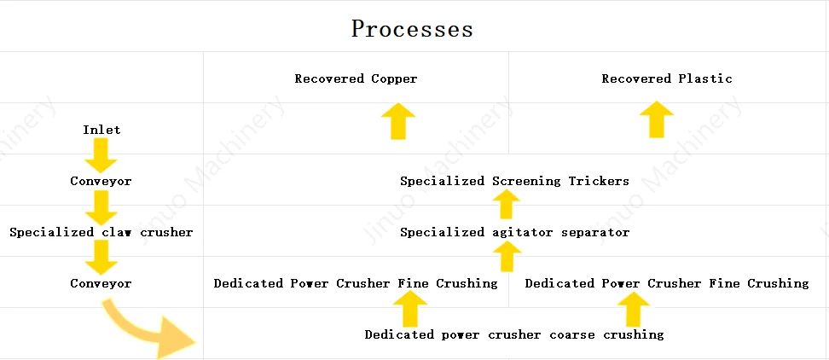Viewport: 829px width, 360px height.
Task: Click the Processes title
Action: tap(412, 28)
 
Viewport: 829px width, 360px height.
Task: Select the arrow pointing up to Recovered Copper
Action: tap(397, 121)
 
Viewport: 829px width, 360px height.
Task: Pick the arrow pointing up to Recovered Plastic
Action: tap(656, 119)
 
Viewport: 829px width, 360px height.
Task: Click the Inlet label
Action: tap(101, 130)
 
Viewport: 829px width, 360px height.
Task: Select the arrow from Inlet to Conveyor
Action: tap(101, 154)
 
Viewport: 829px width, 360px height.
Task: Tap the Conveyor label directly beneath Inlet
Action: tap(101, 181)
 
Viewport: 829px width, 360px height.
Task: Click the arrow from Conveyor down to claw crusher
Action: tap(101, 206)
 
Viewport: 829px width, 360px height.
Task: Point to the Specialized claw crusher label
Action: tap(101, 232)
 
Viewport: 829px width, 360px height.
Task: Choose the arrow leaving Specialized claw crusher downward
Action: tap(101, 257)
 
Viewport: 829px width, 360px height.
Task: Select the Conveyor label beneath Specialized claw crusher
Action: tap(101, 283)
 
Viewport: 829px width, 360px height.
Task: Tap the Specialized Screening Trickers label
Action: tap(514, 181)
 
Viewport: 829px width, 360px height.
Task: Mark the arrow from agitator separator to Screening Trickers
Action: tap(507, 205)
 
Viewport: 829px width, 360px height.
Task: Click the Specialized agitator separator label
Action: tap(514, 232)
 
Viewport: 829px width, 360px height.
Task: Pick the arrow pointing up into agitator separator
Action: tap(507, 256)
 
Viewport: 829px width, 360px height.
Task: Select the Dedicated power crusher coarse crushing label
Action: tap(514, 334)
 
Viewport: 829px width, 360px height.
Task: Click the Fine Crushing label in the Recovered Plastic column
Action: tap(666, 283)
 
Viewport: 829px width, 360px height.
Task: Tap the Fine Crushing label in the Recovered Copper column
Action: tap(355, 283)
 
